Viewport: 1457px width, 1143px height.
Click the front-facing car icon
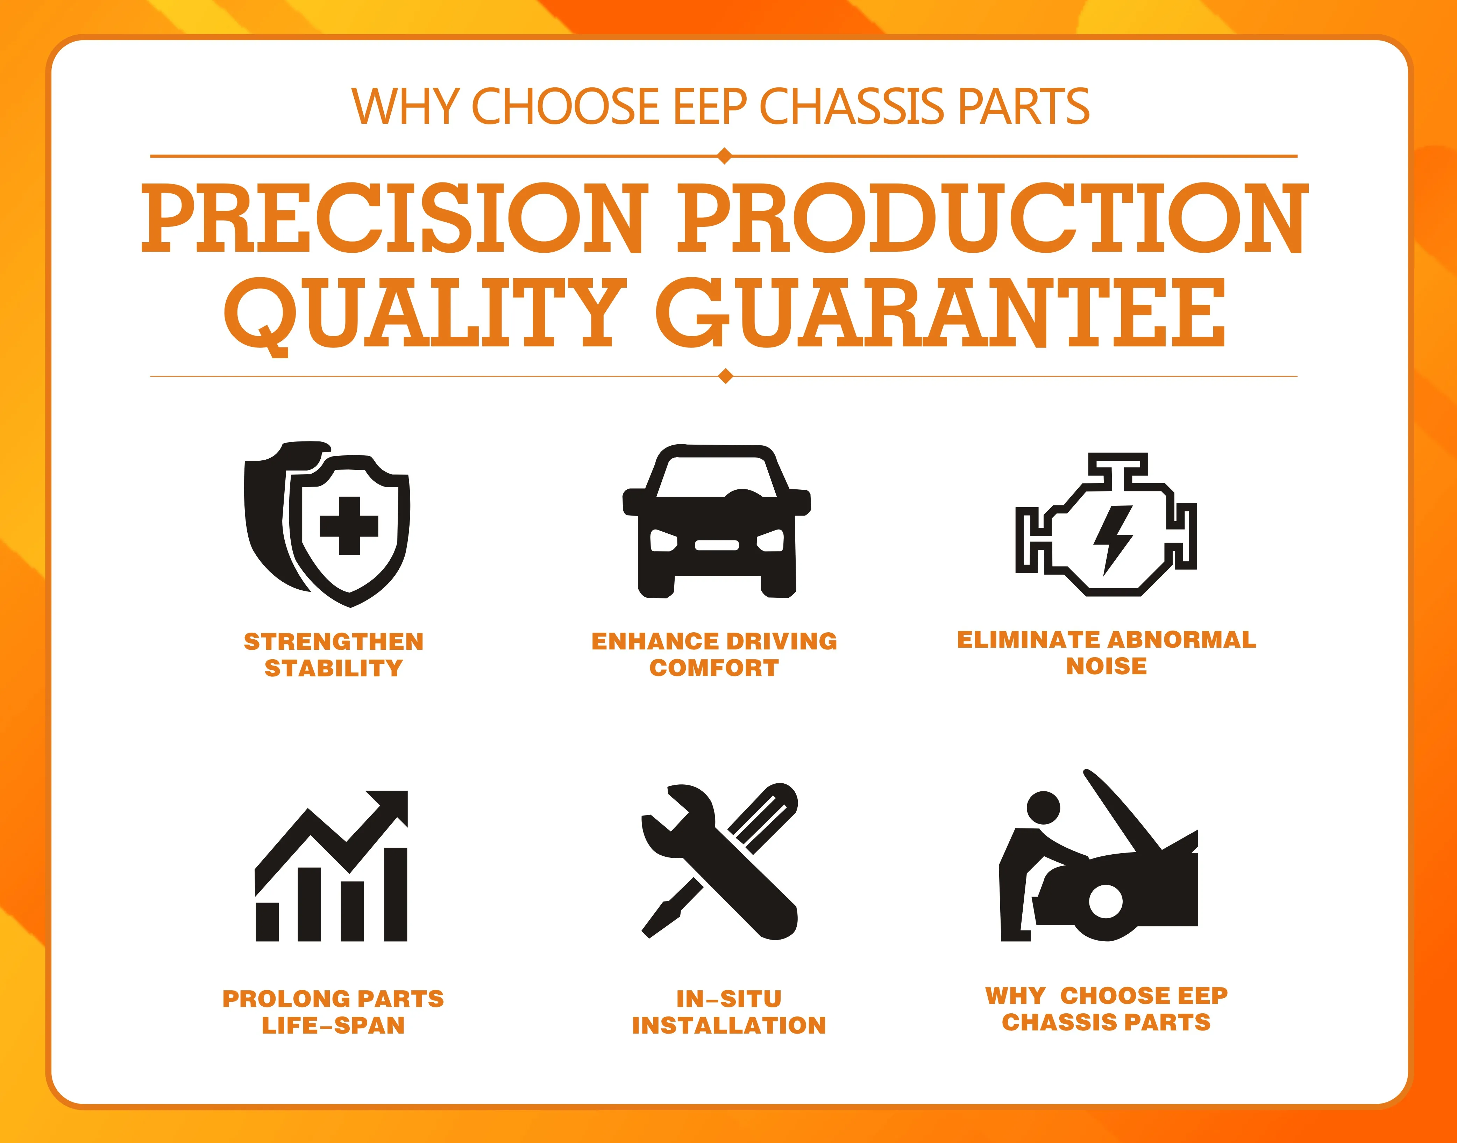(717, 520)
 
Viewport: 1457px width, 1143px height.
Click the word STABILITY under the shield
(333, 668)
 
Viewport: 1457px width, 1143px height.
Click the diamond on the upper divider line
(724, 156)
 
